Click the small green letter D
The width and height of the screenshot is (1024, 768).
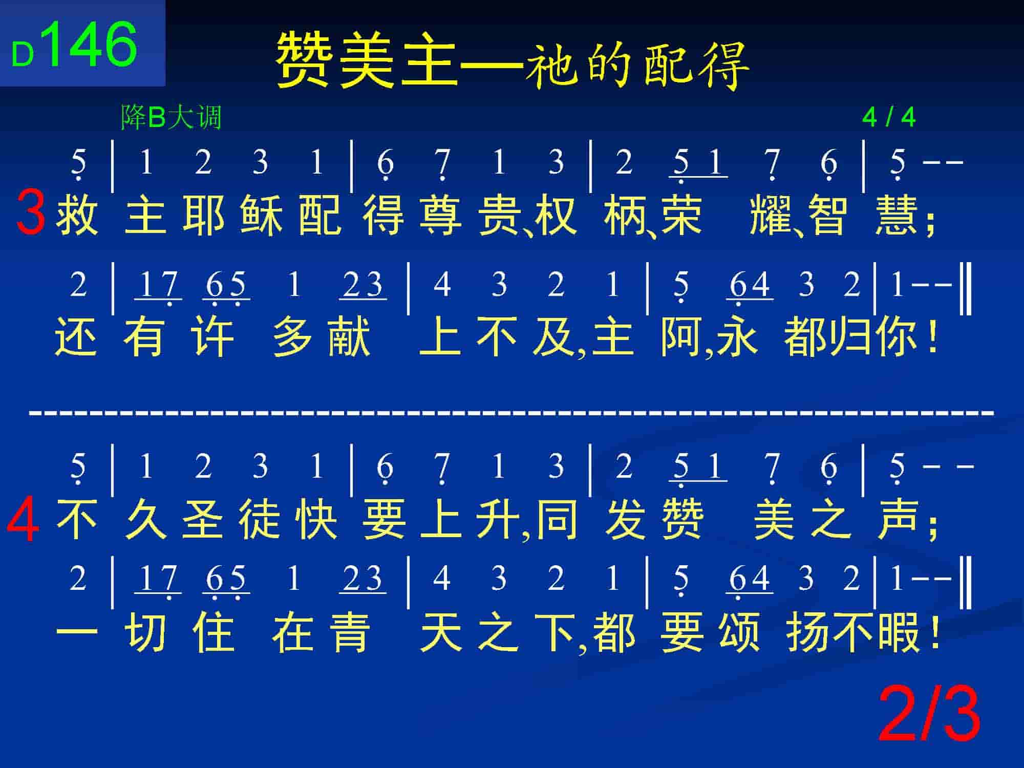point(23,54)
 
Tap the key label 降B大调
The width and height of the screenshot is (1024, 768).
point(171,117)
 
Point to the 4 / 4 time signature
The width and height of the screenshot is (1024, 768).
point(889,117)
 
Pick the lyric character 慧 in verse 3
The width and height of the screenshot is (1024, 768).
point(896,215)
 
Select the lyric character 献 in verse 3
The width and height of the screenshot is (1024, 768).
point(349,336)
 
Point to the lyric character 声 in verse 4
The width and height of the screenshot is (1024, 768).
point(897,520)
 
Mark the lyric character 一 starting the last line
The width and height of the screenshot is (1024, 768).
point(77,635)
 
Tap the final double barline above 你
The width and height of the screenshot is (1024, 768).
point(966,288)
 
